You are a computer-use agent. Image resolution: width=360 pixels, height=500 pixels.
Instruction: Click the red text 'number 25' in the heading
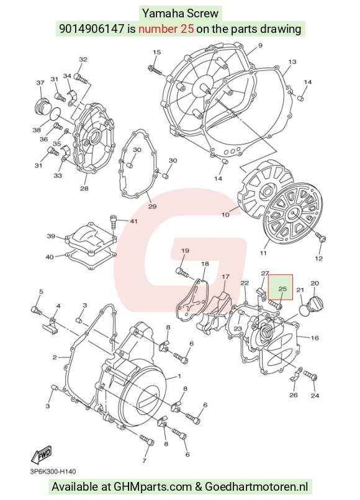click(166, 29)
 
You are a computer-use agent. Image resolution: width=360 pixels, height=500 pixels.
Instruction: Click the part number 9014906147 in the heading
click(92, 29)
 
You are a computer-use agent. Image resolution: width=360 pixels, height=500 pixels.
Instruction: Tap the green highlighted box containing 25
click(281, 287)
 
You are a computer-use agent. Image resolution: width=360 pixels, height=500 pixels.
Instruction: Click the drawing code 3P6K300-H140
click(53, 471)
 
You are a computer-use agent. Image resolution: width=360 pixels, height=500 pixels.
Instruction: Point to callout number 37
click(40, 83)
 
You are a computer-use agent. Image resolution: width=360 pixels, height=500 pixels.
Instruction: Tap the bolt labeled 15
click(157, 71)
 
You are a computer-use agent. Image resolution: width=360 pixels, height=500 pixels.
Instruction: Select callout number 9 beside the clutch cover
click(260, 45)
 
